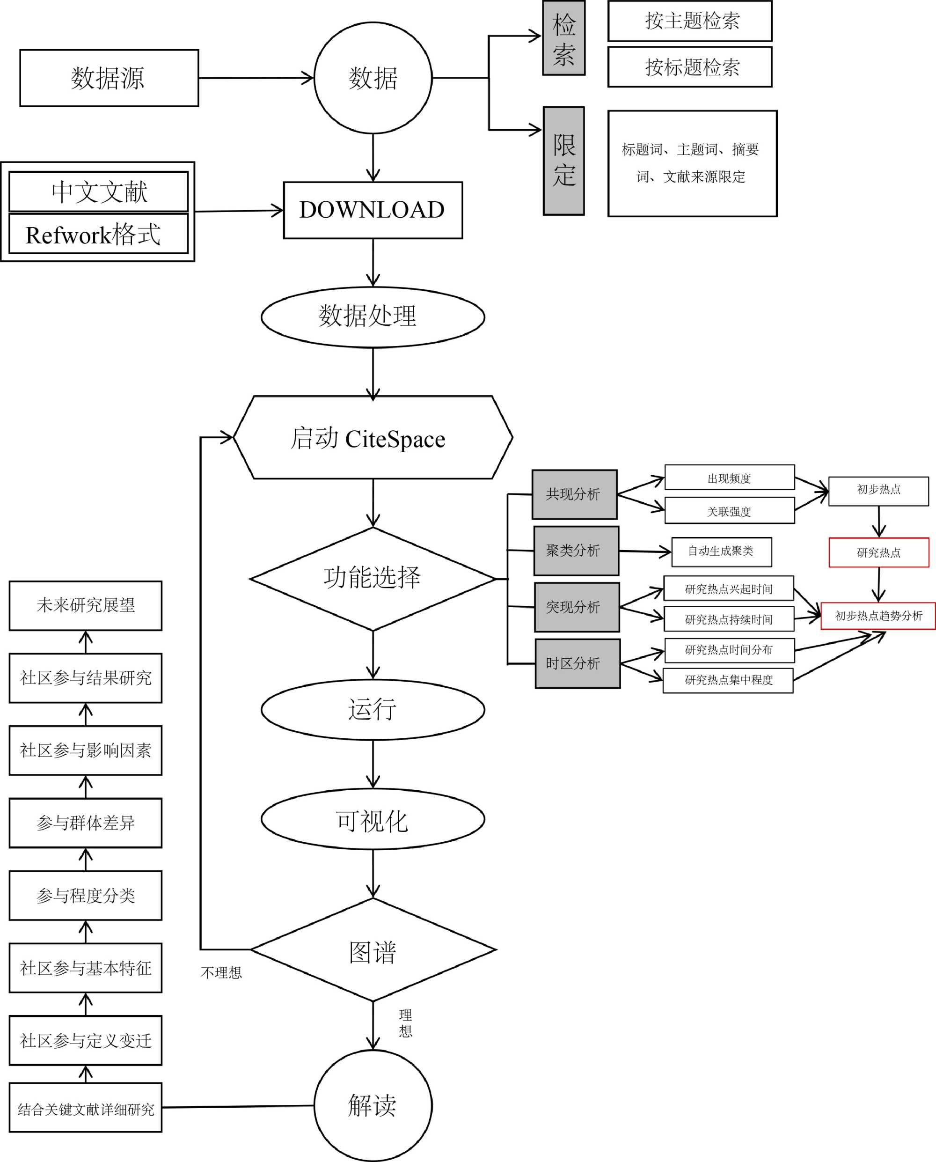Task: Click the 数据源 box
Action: (x=109, y=78)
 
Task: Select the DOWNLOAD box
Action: (x=373, y=210)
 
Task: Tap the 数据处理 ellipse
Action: (x=373, y=316)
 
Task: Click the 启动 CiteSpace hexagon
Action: (x=373, y=437)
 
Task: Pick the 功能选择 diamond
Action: (x=373, y=578)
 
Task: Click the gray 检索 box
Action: (x=563, y=38)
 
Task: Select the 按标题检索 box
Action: (x=690, y=67)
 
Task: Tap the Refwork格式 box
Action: (x=98, y=234)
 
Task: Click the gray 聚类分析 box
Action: (x=576, y=551)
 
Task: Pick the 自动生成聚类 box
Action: (x=721, y=552)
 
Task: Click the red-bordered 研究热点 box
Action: (x=878, y=552)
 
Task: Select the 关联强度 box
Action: (x=729, y=511)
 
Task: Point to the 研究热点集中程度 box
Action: (x=727, y=680)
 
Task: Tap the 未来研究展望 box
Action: (x=85, y=605)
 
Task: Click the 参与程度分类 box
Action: (x=85, y=896)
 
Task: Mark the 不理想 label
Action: (x=221, y=973)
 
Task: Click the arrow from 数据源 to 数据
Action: (x=256, y=78)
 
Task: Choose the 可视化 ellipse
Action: (x=373, y=819)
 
